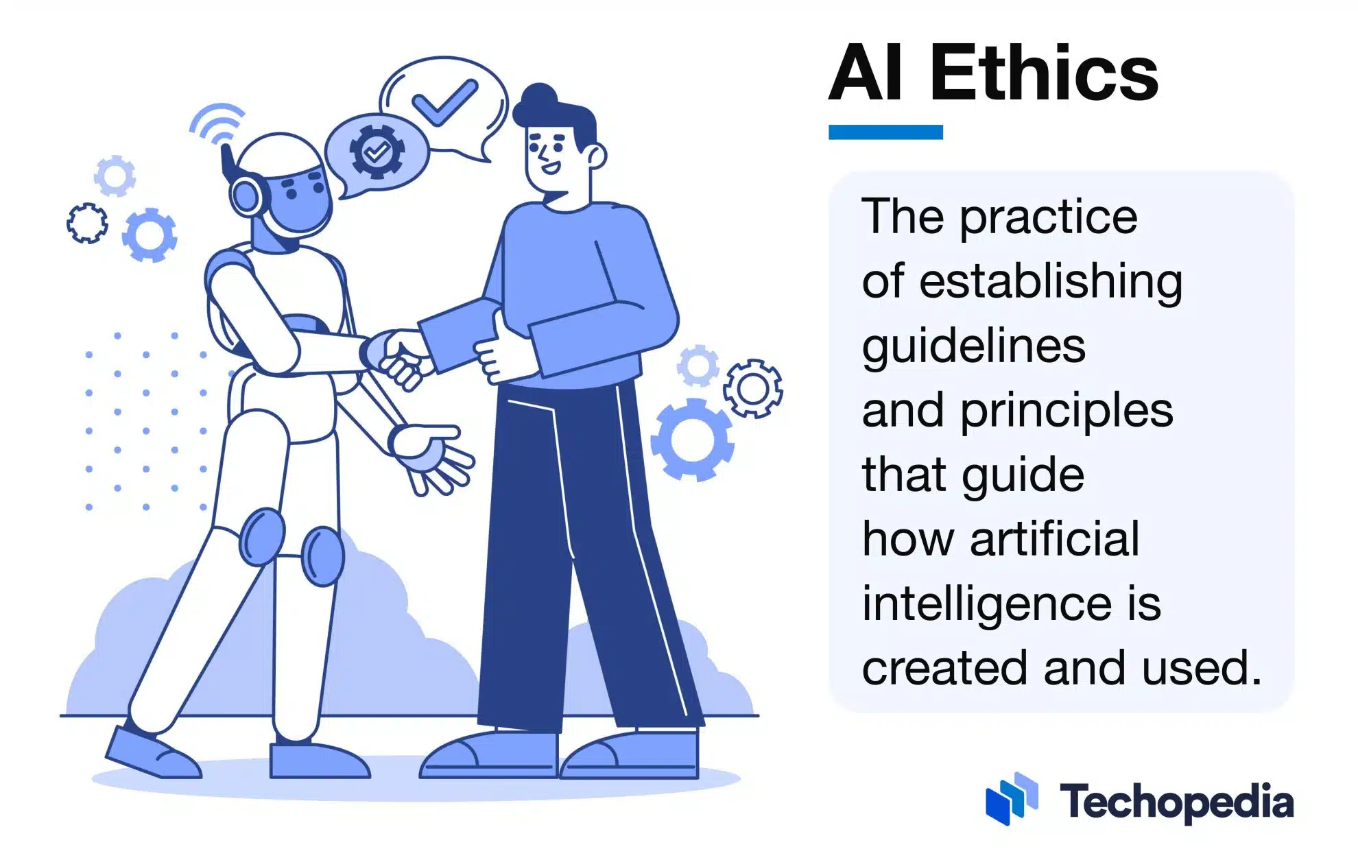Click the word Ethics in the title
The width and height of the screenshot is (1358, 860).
tap(1044, 72)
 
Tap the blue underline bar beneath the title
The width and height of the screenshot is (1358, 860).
tap(885, 132)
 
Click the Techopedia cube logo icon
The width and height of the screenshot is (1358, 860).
tap(1012, 798)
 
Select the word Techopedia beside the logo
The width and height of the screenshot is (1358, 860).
tap(1177, 802)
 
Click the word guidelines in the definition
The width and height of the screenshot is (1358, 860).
tap(973, 346)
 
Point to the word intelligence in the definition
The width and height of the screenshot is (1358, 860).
tap(987, 604)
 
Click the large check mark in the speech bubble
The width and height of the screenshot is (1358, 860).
tap(444, 102)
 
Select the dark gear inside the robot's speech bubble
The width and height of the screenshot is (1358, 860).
tap(377, 150)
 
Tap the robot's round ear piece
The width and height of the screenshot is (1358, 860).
tap(246, 195)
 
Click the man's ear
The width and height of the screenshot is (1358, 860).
tap(595, 156)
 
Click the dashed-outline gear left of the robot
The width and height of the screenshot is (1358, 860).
tap(87, 223)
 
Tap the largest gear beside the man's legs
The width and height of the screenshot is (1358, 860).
tap(692, 439)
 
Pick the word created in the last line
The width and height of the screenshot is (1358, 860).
tap(944, 668)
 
